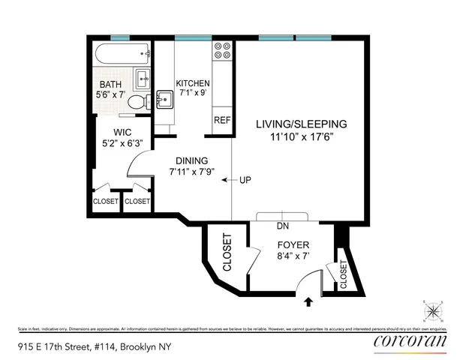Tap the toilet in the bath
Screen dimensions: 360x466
pyautogui.click(x=137, y=102)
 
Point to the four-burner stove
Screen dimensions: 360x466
pyautogui.click(x=222, y=50)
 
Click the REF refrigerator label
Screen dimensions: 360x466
pyautogui.click(x=221, y=120)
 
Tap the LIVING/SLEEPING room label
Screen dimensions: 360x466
pyautogui.click(x=300, y=124)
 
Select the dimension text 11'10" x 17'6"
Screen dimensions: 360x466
pyautogui.click(x=300, y=137)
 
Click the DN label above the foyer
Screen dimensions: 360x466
pyautogui.click(x=283, y=225)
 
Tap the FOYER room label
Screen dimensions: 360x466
pyautogui.click(x=293, y=245)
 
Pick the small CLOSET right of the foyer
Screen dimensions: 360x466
pyautogui.click(x=344, y=274)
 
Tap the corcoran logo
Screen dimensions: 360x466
pyautogui.click(x=409, y=341)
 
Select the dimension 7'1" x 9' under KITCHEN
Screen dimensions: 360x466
pyautogui.click(x=191, y=94)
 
